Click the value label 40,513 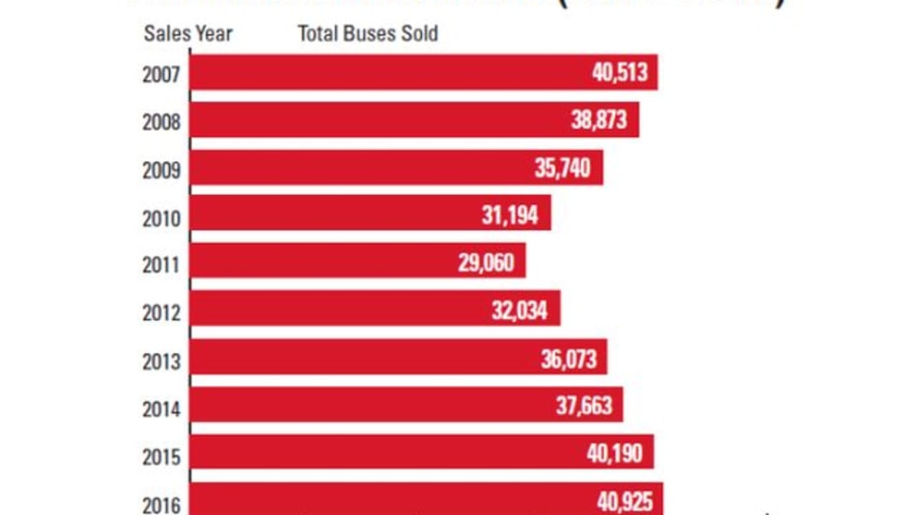click(x=619, y=73)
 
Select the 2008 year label click(x=161, y=121)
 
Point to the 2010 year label click(x=161, y=217)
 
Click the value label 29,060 click(x=486, y=263)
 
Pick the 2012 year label click(x=161, y=313)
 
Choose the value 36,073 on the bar click(x=569, y=359)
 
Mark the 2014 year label click(x=161, y=409)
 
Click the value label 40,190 click(x=615, y=454)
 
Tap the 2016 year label click(x=161, y=505)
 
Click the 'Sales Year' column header click(x=188, y=35)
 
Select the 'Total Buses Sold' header click(x=368, y=35)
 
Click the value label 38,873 click(x=598, y=120)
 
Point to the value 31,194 click(x=510, y=216)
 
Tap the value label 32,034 click(x=520, y=311)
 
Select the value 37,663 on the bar click(x=584, y=407)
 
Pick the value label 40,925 click(x=625, y=501)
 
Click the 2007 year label click(x=161, y=74)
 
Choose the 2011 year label click(x=161, y=265)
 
